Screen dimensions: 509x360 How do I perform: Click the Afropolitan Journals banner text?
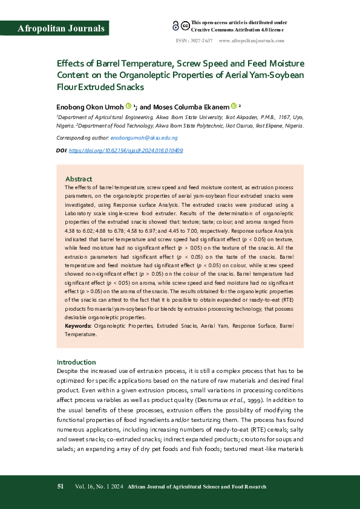coord(61,28)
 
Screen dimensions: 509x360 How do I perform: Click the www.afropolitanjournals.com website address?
coord(251,41)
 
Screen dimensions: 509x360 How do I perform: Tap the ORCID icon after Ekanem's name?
coord(234,105)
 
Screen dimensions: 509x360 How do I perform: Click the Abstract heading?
coord(79,179)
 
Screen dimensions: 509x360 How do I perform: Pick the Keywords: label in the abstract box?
coord(78,326)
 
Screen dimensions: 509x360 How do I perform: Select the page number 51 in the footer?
coord(61,486)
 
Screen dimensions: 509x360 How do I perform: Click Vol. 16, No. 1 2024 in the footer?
coord(99,486)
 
